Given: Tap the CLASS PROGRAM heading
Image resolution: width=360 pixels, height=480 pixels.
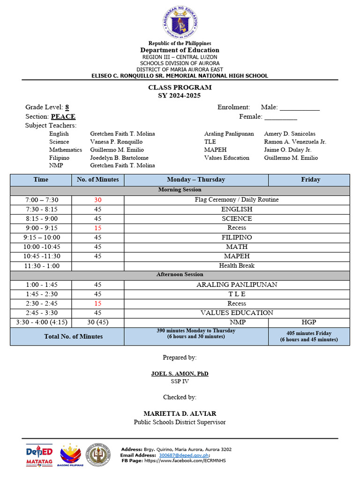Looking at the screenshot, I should (x=180, y=88).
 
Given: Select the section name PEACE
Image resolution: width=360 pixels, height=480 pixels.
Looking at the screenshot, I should (x=63, y=117).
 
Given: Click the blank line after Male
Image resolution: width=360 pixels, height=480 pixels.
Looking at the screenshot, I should (x=300, y=108).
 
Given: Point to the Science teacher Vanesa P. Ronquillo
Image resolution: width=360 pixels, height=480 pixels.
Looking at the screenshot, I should (x=116, y=142).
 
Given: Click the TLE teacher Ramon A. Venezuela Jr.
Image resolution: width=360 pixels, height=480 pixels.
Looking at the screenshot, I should (x=295, y=142).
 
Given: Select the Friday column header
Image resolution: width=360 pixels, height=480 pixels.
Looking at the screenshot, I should (x=310, y=180).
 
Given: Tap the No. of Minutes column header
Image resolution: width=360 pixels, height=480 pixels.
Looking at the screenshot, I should (x=97, y=180).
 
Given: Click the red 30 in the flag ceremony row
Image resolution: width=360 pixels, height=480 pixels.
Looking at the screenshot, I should (x=97, y=200).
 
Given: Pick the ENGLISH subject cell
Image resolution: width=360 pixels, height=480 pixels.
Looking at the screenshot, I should (x=237, y=209).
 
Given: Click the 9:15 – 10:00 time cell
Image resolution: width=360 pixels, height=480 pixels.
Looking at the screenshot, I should (x=41, y=237).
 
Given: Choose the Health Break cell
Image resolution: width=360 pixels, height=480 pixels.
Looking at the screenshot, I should (x=237, y=266).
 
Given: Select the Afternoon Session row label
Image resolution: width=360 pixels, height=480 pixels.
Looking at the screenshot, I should (x=180, y=275).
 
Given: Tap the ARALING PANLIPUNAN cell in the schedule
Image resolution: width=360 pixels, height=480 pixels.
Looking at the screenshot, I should (x=237, y=285).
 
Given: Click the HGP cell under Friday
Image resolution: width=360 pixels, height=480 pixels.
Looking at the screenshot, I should (x=309, y=322).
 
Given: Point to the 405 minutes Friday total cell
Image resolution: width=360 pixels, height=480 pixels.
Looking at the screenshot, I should (x=309, y=337).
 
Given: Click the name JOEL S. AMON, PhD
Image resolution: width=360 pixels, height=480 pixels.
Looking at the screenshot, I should (x=180, y=374).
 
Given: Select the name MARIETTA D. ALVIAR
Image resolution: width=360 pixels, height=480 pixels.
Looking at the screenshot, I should (x=180, y=413).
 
